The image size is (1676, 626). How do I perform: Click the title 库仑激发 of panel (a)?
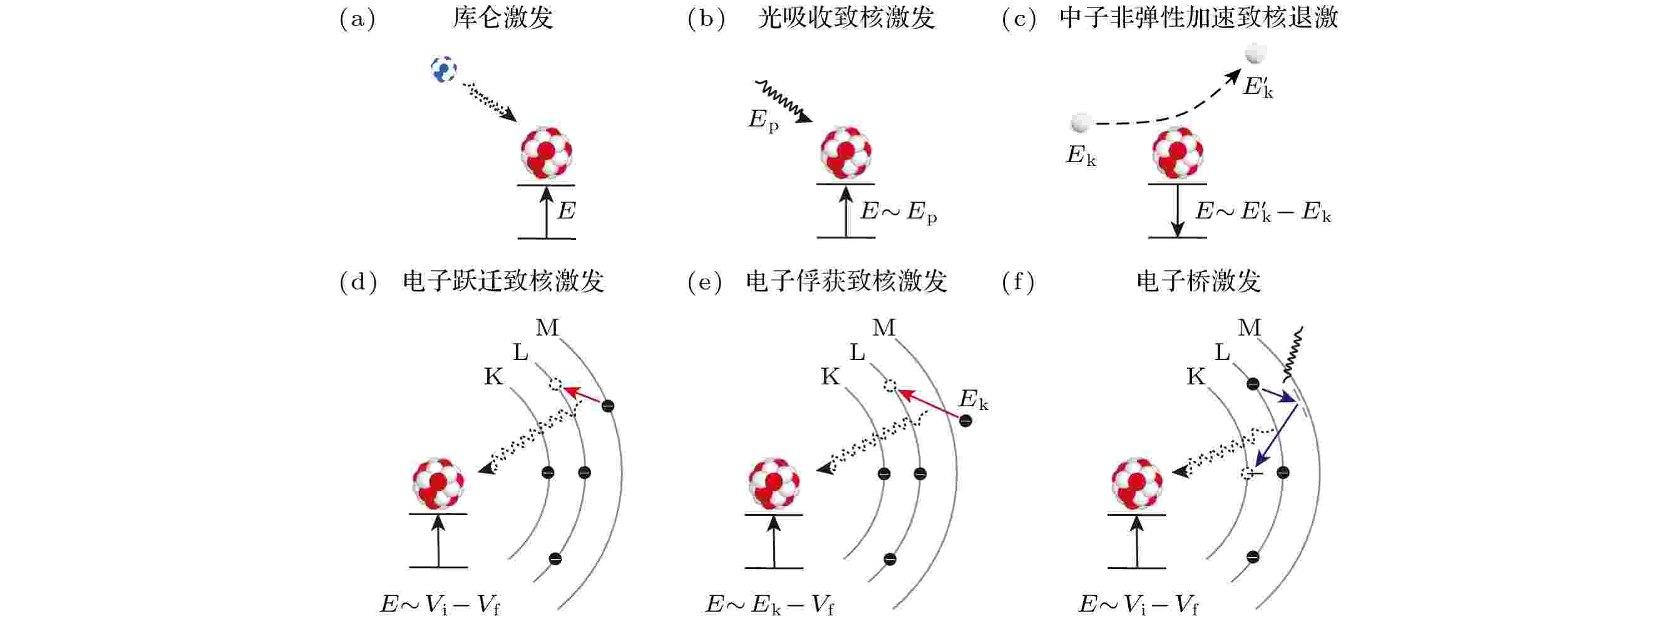click(x=503, y=18)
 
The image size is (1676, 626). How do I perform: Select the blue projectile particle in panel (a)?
click(x=444, y=69)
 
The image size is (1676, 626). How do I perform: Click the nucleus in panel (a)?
click(x=547, y=153)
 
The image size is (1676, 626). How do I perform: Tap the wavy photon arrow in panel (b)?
click(x=783, y=101)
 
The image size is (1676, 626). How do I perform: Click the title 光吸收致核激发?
click(x=846, y=18)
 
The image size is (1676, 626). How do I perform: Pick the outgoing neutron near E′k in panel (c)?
click(x=1255, y=53)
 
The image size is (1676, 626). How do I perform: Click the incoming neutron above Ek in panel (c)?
click(x=1080, y=122)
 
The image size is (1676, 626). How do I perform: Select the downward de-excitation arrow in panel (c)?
click(x=1177, y=211)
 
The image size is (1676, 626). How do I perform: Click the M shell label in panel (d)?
click(x=547, y=327)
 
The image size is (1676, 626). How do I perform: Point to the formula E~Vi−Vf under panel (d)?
click(x=441, y=605)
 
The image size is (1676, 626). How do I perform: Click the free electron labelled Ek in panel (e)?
click(x=965, y=421)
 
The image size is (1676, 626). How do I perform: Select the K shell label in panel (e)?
click(x=830, y=376)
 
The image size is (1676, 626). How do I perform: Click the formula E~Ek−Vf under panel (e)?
click(x=769, y=605)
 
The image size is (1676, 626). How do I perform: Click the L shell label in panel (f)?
click(x=1222, y=352)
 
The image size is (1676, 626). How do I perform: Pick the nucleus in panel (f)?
click(x=1136, y=483)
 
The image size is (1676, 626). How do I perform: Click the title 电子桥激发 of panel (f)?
click(x=1198, y=281)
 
